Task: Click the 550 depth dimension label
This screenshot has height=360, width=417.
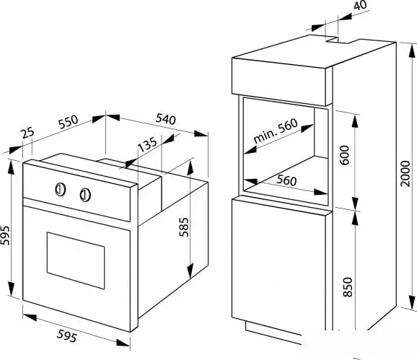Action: (x=69, y=122)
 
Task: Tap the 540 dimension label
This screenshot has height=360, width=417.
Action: (x=166, y=119)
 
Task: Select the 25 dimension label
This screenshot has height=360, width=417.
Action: (x=28, y=133)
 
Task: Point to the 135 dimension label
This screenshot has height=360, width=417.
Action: (x=148, y=144)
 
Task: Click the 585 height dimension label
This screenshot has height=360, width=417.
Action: (x=184, y=227)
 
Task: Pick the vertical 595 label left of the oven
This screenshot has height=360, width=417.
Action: (x=5, y=235)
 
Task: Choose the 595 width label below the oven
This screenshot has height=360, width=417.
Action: (x=67, y=335)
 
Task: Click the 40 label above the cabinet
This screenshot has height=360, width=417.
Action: (x=360, y=5)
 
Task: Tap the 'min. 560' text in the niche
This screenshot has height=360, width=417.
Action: (x=276, y=131)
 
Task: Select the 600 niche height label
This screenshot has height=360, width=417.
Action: (x=344, y=155)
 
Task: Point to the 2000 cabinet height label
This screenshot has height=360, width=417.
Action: (x=405, y=174)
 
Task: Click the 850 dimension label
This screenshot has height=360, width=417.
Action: (x=348, y=287)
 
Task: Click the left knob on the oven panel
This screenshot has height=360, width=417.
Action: (x=61, y=190)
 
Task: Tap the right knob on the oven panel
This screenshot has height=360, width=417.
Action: (x=85, y=195)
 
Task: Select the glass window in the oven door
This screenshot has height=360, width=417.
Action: (x=76, y=260)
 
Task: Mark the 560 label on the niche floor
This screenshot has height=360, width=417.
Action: (x=286, y=180)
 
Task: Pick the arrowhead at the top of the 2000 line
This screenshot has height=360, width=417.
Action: (x=412, y=51)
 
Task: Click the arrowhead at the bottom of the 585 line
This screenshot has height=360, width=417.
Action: (x=190, y=271)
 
